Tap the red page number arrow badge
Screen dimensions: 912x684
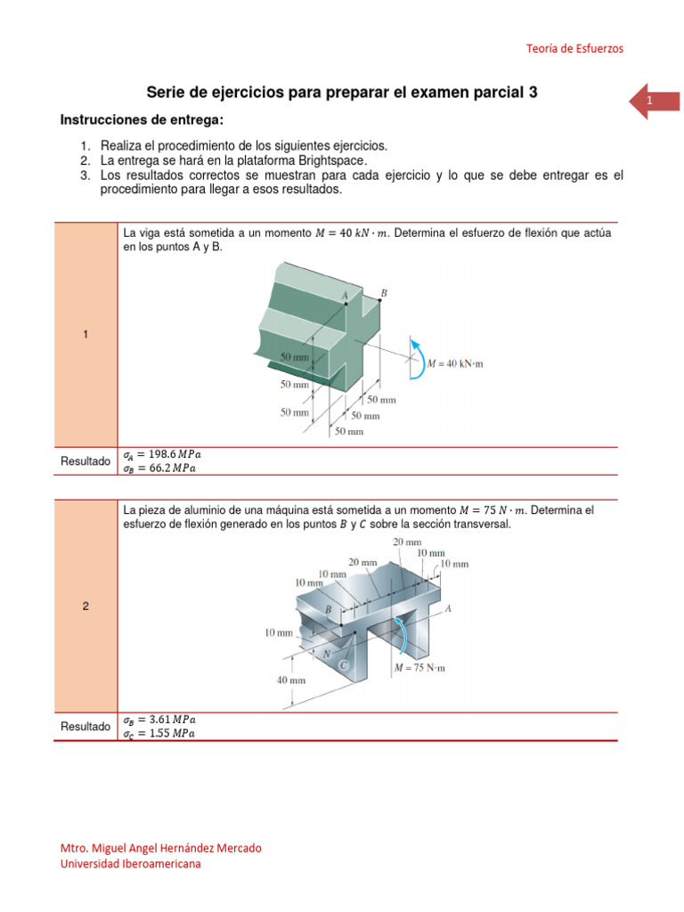click(654, 102)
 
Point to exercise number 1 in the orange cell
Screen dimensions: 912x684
click(85, 334)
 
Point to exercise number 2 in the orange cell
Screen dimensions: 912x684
click(85, 607)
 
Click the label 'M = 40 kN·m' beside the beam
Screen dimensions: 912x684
click(455, 363)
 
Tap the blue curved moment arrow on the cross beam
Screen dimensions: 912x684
click(414, 358)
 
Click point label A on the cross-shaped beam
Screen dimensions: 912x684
click(344, 295)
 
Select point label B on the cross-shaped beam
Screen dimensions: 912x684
click(384, 292)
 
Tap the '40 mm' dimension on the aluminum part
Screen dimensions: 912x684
click(290, 679)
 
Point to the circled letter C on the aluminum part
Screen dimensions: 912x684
click(343, 665)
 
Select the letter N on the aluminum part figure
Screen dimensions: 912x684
click(327, 653)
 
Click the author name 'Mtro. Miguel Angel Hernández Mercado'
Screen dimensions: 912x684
click(160, 848)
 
